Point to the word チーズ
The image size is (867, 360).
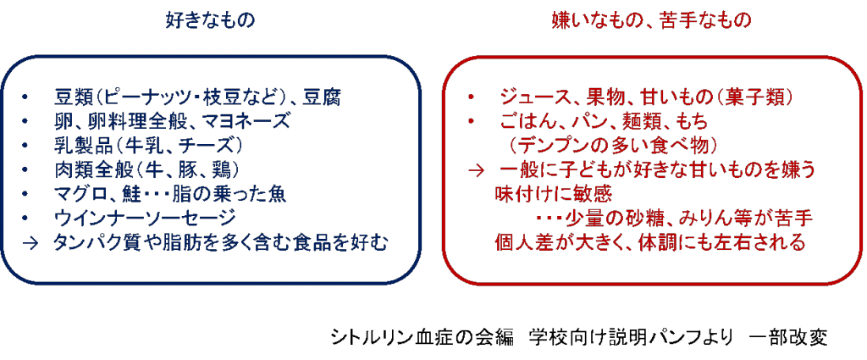click(211, 145)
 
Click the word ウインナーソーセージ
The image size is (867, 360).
click(146, 218)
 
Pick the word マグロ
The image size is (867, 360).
click(81, 194)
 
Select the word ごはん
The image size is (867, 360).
click(526, 121)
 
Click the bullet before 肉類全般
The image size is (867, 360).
click(25, 169)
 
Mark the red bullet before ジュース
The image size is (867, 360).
click(469, 98)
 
